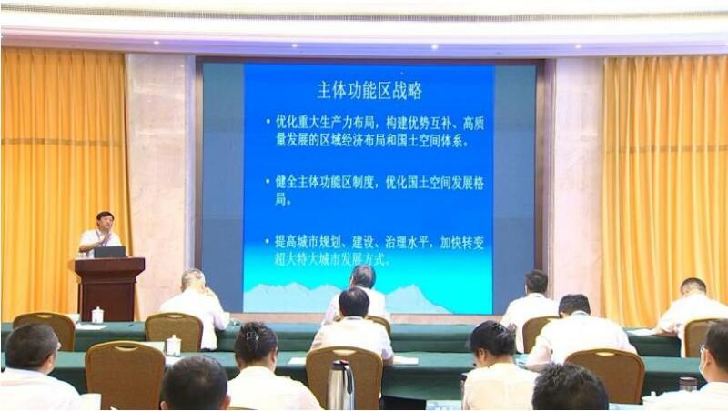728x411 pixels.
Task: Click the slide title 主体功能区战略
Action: [369, 90]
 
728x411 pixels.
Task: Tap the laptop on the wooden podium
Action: [110, 252]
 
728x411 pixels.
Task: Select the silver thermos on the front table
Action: [340, 385]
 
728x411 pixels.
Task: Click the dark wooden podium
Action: [109, 287]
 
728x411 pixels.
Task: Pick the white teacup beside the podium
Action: [97, 315]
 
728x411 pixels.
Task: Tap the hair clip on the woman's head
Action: [253, 336]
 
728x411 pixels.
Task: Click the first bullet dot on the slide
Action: [268, 123]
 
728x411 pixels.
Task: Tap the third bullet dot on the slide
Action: [267, 242]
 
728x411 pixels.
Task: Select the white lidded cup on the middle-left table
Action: [174, 346]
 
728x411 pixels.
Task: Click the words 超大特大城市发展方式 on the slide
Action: [330, 259]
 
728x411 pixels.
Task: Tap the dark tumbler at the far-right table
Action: [688, 385]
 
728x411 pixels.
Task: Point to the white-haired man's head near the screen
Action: [193, 280]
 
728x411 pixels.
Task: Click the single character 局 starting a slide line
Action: [281, 200]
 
